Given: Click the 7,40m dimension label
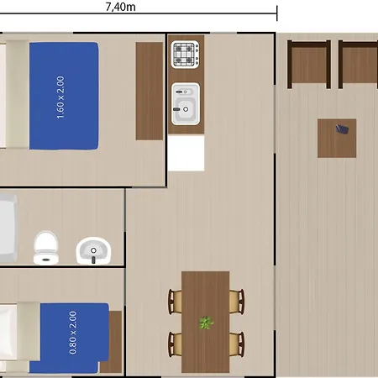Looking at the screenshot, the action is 121,7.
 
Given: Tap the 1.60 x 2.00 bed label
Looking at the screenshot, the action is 60,97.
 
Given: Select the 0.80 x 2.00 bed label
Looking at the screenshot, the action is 72,333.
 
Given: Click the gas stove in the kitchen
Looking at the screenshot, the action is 185,55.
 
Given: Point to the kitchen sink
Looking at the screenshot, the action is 186,103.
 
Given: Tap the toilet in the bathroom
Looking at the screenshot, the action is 46,248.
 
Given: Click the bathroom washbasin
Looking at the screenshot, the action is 93,250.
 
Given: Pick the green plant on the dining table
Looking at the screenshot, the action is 206,323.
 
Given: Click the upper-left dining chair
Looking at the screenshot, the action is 175,302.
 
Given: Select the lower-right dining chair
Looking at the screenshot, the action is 237,344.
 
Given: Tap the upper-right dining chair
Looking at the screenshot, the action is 237,302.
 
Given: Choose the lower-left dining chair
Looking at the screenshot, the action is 175,344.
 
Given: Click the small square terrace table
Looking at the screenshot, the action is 337,138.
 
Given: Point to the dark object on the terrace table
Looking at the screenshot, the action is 342,129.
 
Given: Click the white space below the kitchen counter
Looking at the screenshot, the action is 186,152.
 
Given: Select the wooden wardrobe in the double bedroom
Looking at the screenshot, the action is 150,91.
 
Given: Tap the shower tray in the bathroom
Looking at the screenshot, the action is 8,228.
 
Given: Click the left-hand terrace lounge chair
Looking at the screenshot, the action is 309,65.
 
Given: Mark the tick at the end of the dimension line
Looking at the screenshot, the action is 277,13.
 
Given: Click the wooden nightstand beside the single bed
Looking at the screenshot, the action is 112,342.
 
